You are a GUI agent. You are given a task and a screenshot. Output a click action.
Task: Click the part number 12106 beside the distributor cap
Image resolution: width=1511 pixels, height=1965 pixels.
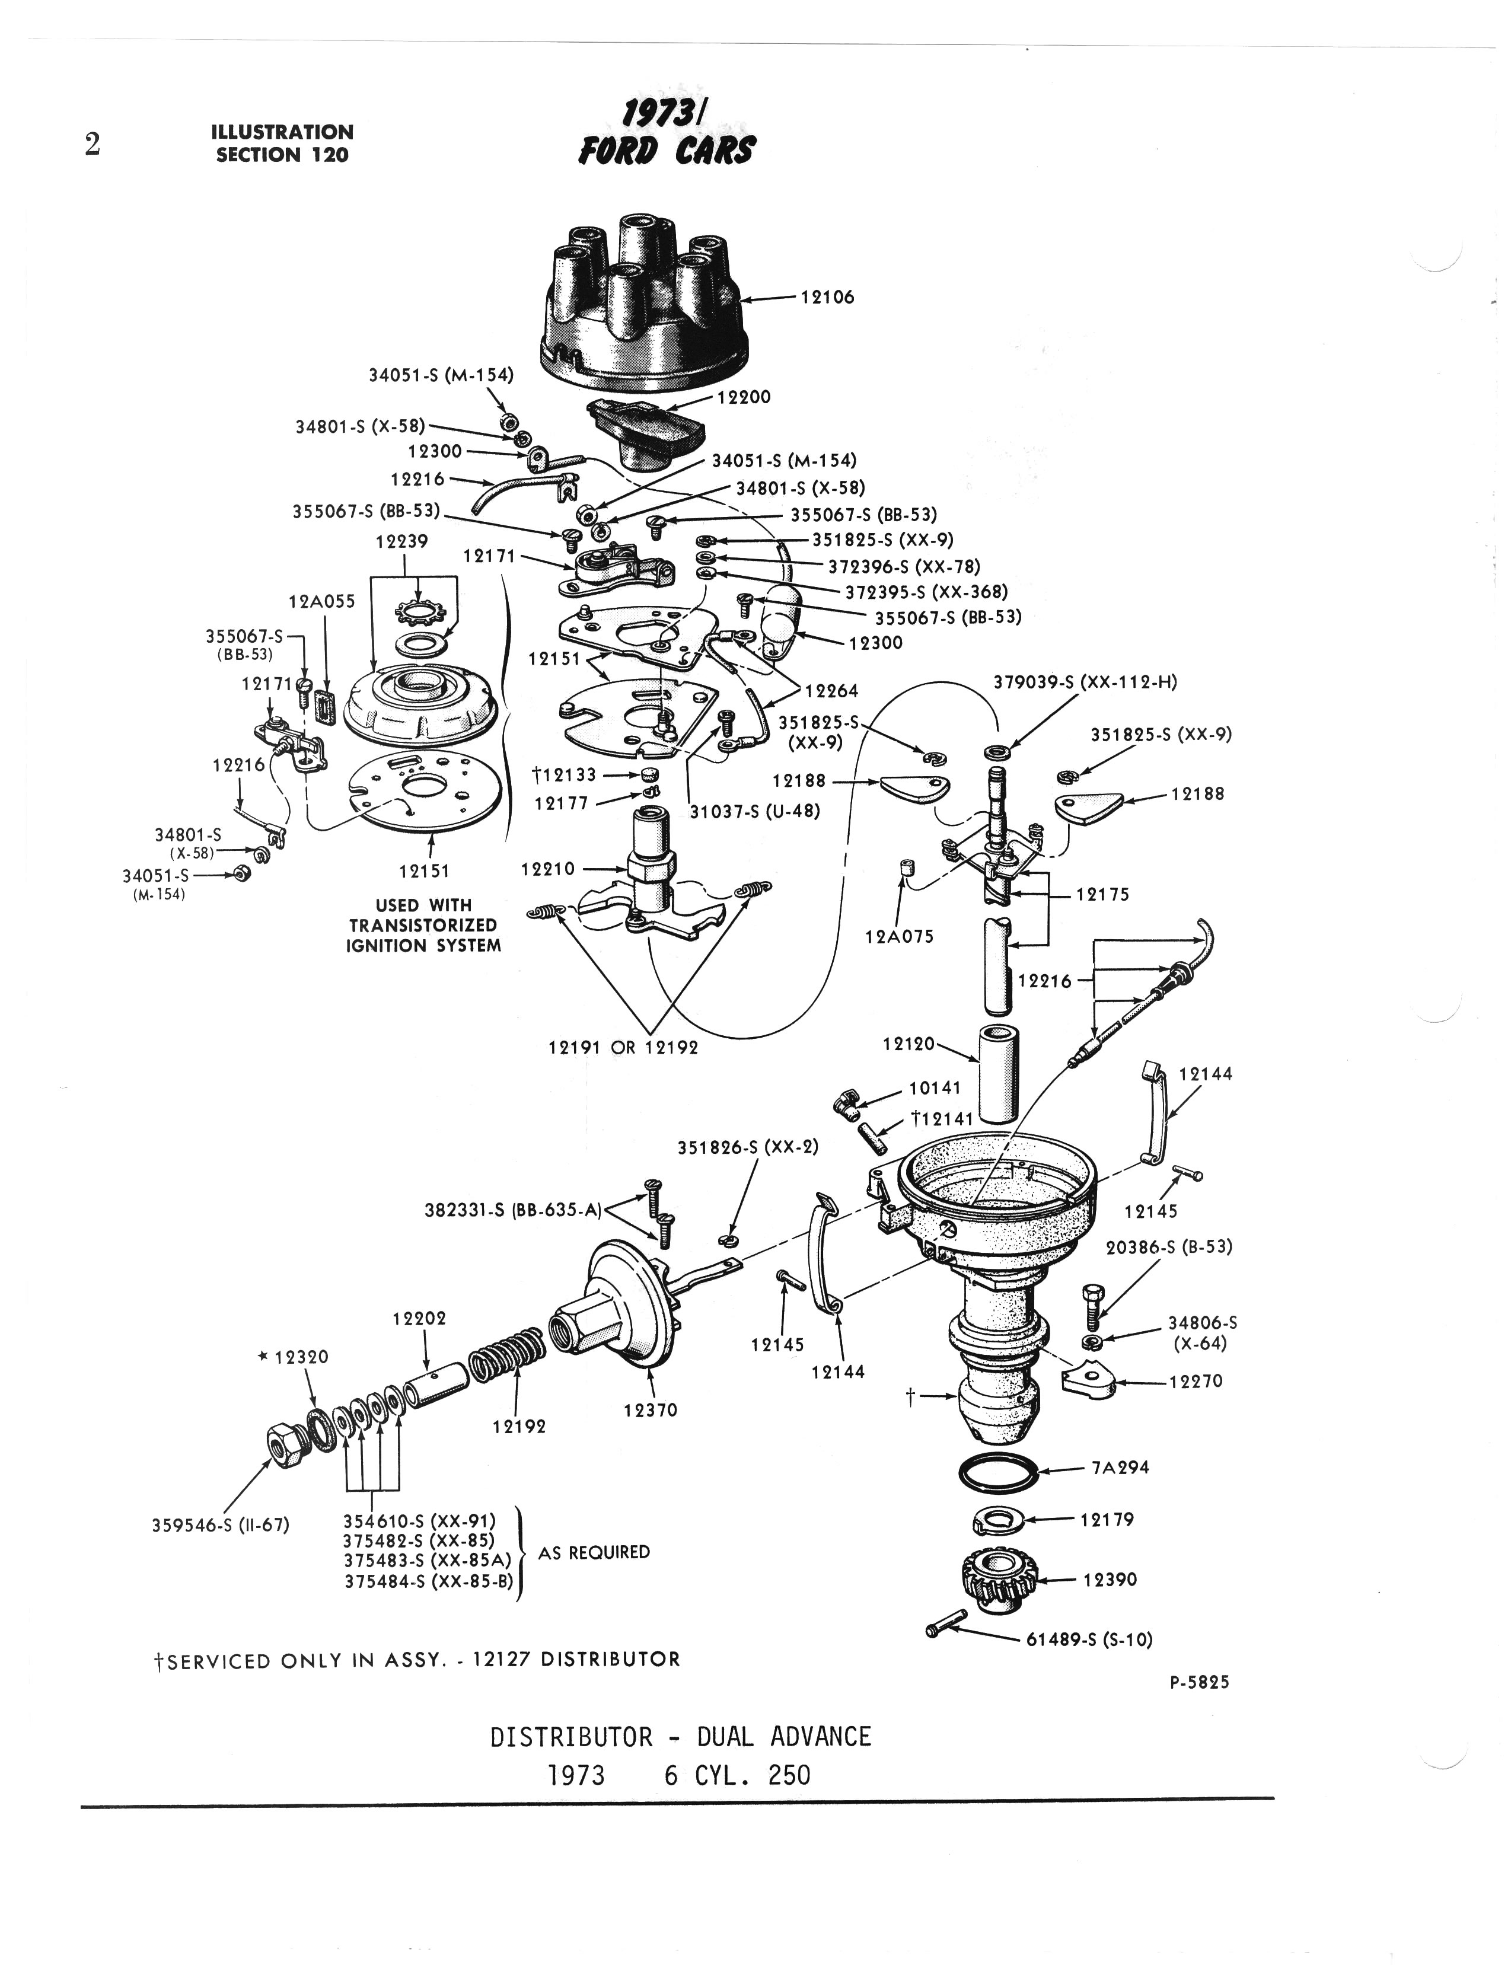827,297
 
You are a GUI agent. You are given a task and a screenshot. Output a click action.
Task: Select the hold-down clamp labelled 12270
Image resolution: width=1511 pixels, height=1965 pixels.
1088,1380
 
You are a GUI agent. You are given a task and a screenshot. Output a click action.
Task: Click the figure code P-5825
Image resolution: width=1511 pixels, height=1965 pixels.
1199,1682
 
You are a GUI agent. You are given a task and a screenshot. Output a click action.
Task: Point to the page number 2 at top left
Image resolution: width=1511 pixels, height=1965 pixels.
92,144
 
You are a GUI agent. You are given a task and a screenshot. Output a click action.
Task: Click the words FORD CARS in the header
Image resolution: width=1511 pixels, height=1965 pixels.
667,150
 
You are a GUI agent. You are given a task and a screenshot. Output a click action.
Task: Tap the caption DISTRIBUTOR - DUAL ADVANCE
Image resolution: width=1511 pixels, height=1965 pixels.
680,1737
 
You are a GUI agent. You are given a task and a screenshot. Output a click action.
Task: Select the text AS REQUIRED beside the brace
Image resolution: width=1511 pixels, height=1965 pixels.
594,1552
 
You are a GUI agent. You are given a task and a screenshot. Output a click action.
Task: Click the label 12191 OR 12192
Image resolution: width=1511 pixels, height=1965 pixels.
623,1048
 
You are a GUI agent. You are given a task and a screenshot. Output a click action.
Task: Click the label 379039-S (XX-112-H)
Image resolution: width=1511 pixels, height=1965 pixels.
1085,682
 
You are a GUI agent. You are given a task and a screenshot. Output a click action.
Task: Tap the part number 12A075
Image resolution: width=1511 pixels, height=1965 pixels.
900,936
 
